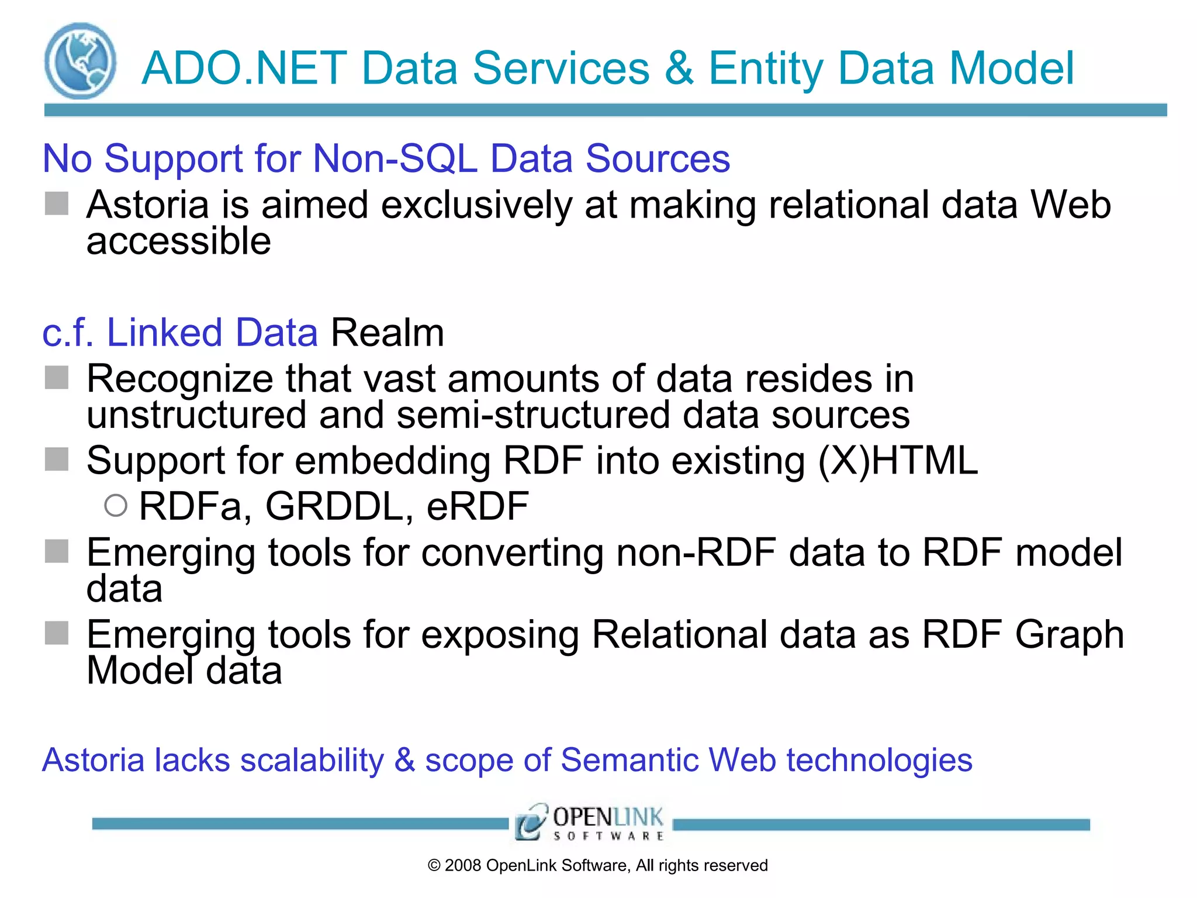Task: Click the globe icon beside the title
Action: coord(80,61)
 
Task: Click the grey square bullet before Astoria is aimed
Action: coord(57,203)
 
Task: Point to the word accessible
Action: coord(178,241)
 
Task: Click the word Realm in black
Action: coord(387,333)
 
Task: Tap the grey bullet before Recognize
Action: coord(57,377)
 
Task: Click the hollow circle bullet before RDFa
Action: coord(116,505)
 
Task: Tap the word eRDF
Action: coord(478,506)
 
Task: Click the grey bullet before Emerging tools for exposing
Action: coord(57,633)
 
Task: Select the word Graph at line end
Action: coord(1069,634)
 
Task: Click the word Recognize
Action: coord(179,379)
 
